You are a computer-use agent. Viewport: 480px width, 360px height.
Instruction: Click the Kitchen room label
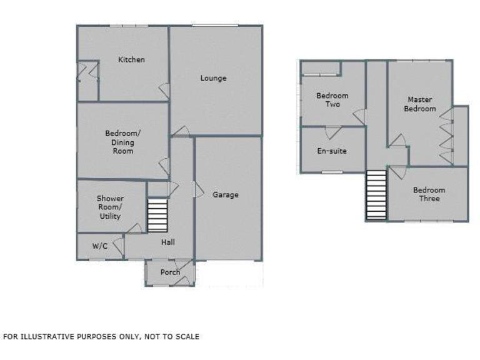click(132, 60)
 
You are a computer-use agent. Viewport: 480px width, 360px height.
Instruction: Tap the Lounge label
click(213, 78)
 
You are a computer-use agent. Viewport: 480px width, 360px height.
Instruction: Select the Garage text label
click(226, 195)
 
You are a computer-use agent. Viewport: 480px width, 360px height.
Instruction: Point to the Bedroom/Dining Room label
click(122, 142)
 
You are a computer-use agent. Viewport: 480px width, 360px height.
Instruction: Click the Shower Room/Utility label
click(110, 207)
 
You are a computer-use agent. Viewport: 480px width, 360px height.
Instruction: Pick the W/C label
click(100, 246)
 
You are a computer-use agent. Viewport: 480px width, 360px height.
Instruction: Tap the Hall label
click(168, 242)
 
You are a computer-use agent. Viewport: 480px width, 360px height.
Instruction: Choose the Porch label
click(170, 272)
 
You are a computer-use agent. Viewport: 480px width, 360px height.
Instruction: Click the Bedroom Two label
click(332, 100)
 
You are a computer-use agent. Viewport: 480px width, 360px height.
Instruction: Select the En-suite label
click(332, 151)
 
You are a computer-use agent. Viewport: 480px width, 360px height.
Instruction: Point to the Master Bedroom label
click(420, 104)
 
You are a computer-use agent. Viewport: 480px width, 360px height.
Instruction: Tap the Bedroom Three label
click(429, 194)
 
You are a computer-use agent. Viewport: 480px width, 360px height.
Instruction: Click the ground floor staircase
click(157, 216)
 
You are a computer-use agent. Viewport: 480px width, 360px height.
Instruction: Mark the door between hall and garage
click(197, 189)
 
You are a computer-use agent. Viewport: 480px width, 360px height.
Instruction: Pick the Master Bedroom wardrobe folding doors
click(447, 137)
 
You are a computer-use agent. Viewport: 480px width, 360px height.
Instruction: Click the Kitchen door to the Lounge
click(164, 90)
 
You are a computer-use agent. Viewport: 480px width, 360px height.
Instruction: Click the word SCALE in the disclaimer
click(187, 337)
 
